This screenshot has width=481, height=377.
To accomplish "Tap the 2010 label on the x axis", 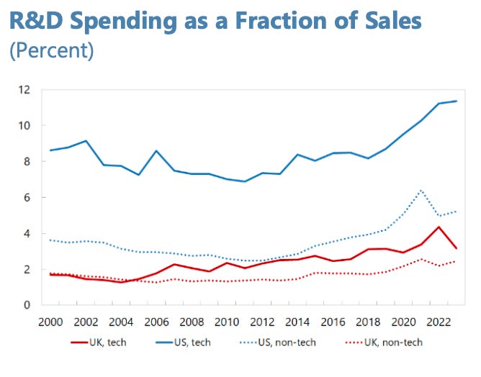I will coord(226,322).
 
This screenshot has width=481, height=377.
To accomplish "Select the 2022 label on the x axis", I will coord(439,322).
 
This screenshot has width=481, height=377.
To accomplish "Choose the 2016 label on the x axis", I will coord(332,322).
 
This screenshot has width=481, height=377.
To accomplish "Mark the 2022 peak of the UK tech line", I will coord(439,227).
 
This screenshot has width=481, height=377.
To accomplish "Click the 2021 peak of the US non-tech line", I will coord(421,191).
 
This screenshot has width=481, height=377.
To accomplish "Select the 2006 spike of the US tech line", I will coord(156,151).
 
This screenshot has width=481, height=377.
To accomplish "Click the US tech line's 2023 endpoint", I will coord(456,101).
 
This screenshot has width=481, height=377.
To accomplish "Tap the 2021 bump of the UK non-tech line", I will coord(421,259).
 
